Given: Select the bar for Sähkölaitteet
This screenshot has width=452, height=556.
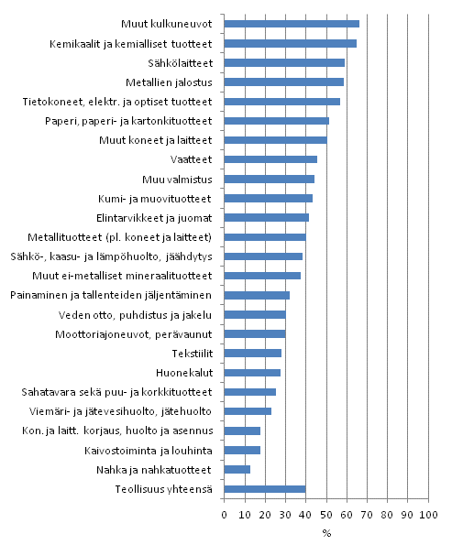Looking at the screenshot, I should (284, 62).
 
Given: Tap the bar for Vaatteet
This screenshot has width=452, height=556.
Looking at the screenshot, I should (270, 159).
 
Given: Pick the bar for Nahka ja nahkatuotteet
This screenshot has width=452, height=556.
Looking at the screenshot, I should (237, 469).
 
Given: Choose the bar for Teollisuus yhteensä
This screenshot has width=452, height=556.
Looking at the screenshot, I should (265, 489).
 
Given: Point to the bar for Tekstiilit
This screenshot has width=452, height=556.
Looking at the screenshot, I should (253, 353).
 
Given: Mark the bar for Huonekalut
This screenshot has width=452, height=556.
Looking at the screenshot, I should (252, 373).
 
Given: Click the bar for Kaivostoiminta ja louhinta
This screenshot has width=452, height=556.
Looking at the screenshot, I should (242, 450).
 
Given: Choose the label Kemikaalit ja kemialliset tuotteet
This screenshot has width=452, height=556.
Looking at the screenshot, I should (131, 43).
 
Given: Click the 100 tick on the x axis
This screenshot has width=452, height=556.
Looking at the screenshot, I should (427, 516).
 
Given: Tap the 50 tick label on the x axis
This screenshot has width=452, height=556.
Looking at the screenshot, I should (325, 516).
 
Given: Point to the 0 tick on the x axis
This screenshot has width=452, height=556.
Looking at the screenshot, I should (225, 516).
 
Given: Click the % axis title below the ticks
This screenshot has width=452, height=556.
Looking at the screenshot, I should (325, 533).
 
